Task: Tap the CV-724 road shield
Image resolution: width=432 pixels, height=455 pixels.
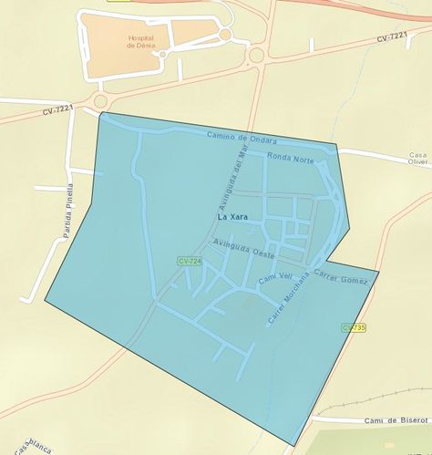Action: (189, 262)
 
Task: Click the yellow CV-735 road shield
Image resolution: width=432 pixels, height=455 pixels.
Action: (354, 327)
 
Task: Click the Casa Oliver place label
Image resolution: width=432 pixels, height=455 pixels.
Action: (419, 160)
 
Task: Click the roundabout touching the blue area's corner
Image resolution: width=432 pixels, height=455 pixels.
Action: (99, 100)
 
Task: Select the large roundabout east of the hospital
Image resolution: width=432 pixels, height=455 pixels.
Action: (256, 55)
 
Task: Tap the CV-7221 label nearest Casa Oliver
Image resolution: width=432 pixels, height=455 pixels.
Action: (391, 37)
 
